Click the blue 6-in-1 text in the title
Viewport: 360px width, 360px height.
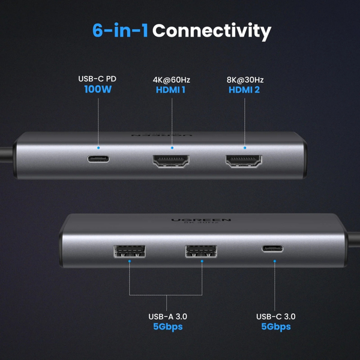coord(119,31)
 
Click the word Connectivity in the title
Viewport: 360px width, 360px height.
coord(211,31)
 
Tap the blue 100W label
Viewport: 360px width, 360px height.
coord(98,91)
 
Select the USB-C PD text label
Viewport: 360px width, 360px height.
coord(98,79)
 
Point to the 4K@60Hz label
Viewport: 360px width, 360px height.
coord(172,79)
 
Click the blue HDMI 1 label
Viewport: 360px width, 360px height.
coord(172,91)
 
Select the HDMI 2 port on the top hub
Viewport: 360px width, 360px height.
coord(244,161)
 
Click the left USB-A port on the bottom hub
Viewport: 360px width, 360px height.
coord(128,252)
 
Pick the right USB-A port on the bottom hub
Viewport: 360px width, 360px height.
coord(200,251)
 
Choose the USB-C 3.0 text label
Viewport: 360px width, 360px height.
coord(276,317)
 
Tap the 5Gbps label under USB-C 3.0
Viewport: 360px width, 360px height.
coord(276,328)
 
